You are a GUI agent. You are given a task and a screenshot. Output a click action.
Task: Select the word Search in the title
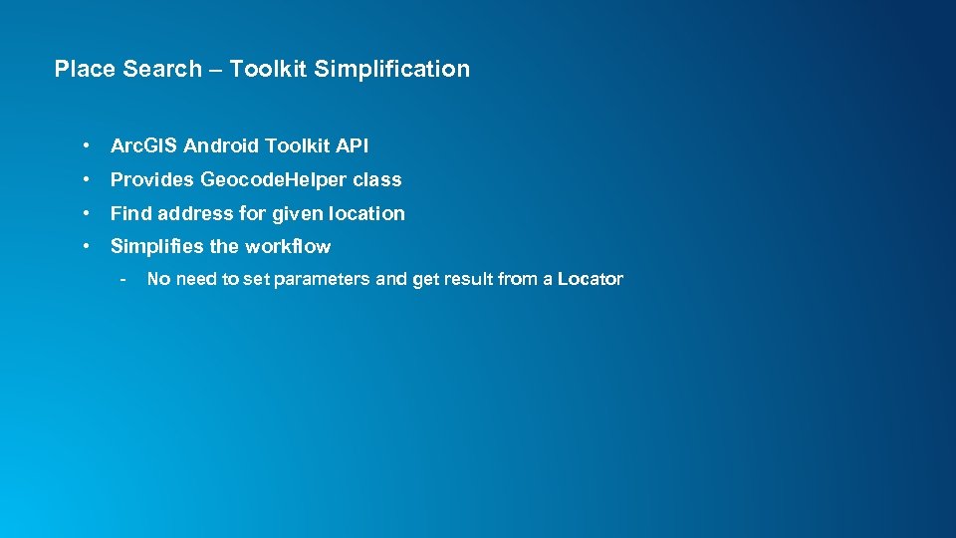coord(162,69)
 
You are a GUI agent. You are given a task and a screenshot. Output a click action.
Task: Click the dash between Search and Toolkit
coord(215,69)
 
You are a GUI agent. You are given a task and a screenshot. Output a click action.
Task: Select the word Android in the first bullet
coord(221,146)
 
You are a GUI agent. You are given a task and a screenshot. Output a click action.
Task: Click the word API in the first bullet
coord(352,146)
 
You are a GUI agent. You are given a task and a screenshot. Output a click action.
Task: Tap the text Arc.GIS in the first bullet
coord(143,146)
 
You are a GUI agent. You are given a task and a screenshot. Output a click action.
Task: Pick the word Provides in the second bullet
coord(152,180)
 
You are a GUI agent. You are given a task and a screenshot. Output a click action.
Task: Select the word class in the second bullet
coord(377,180)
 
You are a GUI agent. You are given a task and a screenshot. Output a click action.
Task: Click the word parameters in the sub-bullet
coord(322,279)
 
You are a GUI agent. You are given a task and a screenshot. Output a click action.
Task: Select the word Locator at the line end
coord(590,279)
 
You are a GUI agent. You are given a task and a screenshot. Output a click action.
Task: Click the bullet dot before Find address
coord(89,213)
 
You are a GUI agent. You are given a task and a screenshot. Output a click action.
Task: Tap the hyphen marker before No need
coord(121,279)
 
